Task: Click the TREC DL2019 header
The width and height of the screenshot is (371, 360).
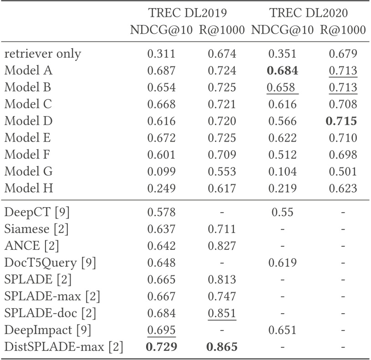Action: (x=188, y=14)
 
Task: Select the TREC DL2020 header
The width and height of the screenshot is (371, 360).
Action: (x=309, y=14)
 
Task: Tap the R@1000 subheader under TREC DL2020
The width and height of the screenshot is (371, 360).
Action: (x=342, y=30)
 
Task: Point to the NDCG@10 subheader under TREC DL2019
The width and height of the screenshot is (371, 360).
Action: (x=161, y=30)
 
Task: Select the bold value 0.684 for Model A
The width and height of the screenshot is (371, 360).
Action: (x=282, y=71)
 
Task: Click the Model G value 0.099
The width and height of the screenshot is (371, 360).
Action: (x=161, y=171)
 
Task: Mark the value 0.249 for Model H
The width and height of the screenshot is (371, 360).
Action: (x=161, y=188)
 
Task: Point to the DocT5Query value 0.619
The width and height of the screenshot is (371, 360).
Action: (x=282, y=263)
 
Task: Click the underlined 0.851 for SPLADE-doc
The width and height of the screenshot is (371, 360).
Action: (x=222, y=314)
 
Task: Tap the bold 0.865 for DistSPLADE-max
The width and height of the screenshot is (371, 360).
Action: (x=222, y=347)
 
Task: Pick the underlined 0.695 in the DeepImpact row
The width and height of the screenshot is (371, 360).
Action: (x=161, y=330)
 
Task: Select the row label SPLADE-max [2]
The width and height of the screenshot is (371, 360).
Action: (x=52, y=297)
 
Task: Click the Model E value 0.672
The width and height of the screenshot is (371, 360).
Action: (x=161, y=138)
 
